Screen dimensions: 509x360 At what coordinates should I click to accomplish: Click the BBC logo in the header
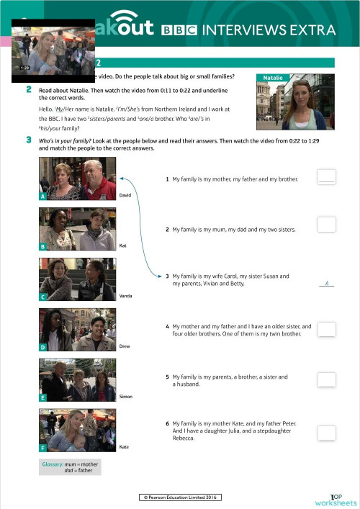pyautogui.click(x=180, y=30)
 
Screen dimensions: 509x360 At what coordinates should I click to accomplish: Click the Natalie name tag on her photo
pyautogui.click(x=274, y=77)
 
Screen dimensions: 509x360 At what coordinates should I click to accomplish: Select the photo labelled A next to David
pyautogui.click(x=78, y=179)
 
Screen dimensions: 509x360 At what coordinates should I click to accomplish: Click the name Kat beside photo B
pyautogui.click(x=122, y=246)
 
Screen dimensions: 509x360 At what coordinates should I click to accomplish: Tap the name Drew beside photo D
pyautogui.click(x=124, y=346)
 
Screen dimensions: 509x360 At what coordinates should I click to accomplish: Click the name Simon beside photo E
pyautogui.click(x=125, y=397)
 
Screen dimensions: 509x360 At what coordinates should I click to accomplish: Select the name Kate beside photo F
pyautogui.click(x=124, y=447)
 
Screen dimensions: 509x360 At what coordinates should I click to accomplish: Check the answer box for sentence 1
pyautogui.click(x=326, y=176)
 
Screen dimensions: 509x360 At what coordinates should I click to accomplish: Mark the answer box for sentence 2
pyautogui.click(x=326, y=225)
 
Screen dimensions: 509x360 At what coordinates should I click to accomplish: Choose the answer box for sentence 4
pyautogui.click(x=326, y=329)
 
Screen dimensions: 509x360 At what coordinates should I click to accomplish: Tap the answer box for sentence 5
pyautogui.click(x=326, y=379)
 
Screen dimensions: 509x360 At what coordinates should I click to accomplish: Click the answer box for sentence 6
pyautogui.click(x=326, y=432)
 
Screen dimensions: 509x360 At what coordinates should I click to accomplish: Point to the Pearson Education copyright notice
pyautogui.click(x=180, y=497)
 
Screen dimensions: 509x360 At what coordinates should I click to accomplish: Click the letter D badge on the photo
pyautogui.click(x=44, y=347)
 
